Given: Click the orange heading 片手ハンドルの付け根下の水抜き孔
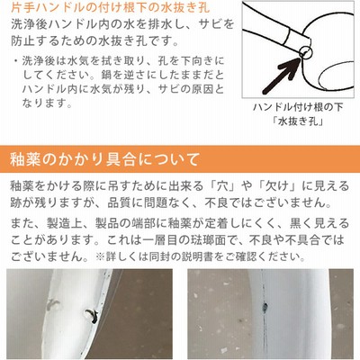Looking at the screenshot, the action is pos(111,6).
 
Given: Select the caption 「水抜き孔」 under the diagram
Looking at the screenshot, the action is pos(298,121).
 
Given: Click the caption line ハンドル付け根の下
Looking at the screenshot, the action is pos(298,107).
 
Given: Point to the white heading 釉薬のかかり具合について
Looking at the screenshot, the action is pos(104,159).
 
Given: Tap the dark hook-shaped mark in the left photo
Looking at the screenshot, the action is pos(91,316).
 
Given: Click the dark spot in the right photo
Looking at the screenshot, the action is pos(265,307).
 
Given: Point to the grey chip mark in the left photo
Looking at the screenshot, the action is pos(53,303).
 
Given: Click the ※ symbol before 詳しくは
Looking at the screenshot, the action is pos(99,256).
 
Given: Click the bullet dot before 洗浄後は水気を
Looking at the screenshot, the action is pos(15,61).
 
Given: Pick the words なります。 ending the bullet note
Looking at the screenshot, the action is pos(47,103).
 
